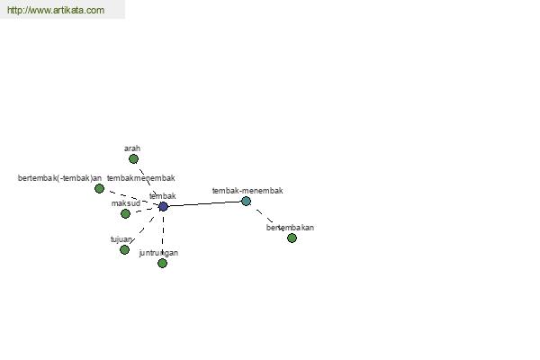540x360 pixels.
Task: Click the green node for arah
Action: (x=133, y=159)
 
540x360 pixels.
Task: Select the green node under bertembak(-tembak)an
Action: (x=100, y=189)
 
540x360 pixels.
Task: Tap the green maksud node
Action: (x=126, y=214)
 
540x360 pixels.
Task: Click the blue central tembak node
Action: (x=163, y=207)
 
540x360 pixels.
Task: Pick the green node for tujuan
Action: (x=125, y=249)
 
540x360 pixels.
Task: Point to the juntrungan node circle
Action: (x=162, y=264)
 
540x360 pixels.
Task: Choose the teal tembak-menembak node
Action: (x=246, y=202)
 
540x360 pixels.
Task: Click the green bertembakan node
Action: (x=292, y=238)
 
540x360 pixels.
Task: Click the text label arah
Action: (x=132, y=148)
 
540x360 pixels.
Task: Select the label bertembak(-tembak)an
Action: (x=59, y=178)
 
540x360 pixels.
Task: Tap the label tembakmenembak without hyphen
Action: (x=140, y=178)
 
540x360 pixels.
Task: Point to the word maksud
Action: (x=126, y=203)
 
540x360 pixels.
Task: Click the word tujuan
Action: (x=121, y=239)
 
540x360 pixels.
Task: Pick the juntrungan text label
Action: (x=158, y=253)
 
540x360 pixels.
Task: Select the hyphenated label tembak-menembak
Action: (x=247, y=191)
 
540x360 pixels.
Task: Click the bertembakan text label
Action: (x=290, y=228)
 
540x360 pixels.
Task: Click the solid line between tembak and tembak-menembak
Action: (x=204, y=204)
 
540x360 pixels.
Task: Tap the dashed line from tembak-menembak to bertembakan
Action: (x=266, y=218)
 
